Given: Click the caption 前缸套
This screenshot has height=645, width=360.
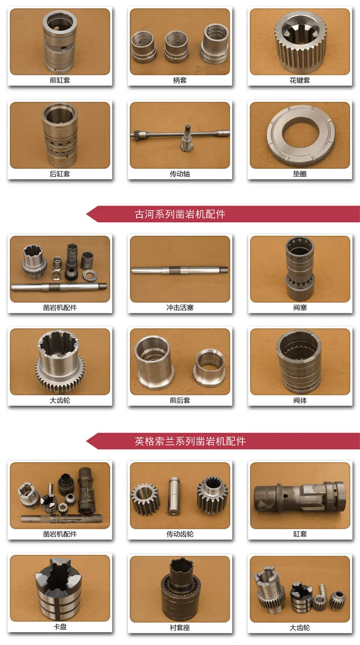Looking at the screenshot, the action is [60, 80].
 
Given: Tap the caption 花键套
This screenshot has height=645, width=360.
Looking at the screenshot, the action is [300, 80].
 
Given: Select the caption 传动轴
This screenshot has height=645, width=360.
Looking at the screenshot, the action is [180, 174].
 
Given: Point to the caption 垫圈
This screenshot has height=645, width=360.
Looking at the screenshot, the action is [300, 174].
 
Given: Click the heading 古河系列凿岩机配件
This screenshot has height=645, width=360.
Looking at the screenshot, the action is [180, 214].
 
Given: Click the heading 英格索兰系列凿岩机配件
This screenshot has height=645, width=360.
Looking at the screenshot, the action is [190, 441].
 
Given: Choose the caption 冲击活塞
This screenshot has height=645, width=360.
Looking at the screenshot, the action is [180, 308].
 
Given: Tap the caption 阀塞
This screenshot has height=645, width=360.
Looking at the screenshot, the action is [300, 308].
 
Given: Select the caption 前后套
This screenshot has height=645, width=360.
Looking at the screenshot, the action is [180, 400].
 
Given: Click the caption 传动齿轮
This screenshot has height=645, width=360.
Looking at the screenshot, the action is [180, 534].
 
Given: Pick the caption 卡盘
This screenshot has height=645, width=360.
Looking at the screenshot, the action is [60, 627].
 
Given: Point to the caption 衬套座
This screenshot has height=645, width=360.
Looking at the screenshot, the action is [180, 627].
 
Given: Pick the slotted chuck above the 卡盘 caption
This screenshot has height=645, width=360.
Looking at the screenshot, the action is [59, 589].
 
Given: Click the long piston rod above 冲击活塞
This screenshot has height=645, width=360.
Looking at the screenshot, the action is [180, 270].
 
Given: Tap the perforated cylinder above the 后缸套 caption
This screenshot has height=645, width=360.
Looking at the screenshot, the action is [60, 135].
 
